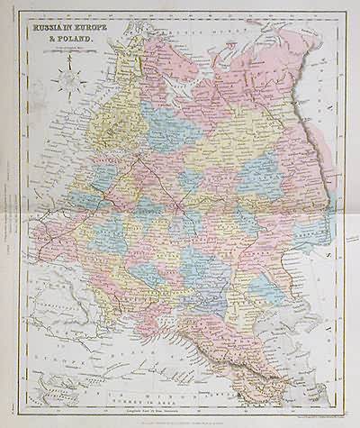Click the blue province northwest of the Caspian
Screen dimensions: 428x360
tap(270, 297)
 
